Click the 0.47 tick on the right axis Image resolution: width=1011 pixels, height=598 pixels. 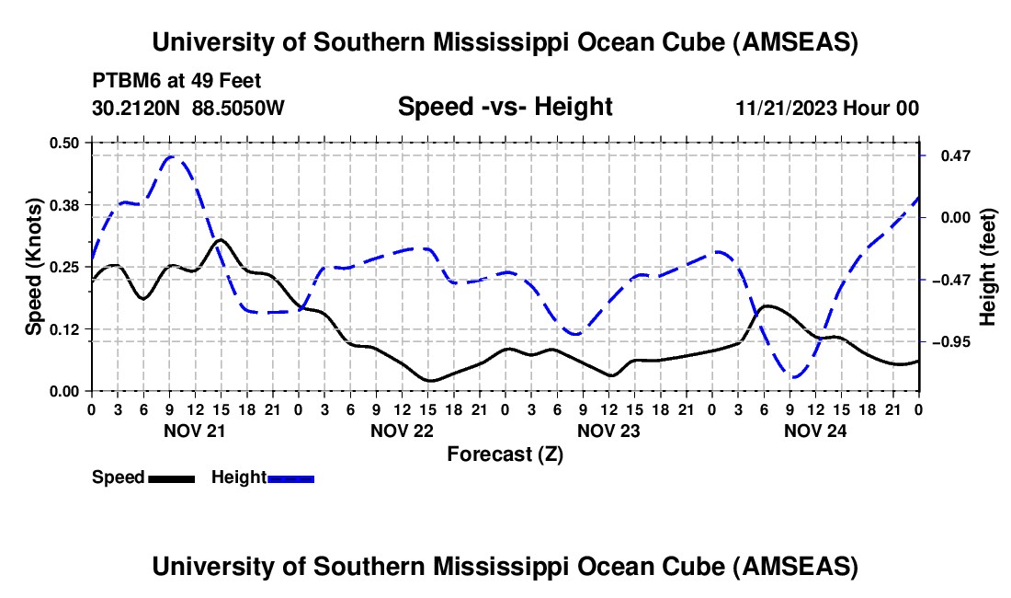[x=949, y=155]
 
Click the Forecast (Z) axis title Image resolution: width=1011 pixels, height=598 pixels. [x=505, y=454]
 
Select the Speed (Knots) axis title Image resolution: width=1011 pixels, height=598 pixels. [x=34, y=267]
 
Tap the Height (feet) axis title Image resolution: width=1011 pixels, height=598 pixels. [x=988, y=267]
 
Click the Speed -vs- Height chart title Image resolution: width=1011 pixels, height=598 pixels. [x=505, y=108]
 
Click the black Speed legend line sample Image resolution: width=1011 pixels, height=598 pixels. [x=170, y=478]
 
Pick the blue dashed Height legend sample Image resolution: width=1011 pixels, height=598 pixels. [x=290, y=478]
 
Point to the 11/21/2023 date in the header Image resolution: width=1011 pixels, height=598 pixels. [x=786, y=108]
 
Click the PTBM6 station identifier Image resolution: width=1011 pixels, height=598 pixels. [x=122, y=81]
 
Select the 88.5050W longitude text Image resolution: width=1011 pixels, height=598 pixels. [x=239, y=108]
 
